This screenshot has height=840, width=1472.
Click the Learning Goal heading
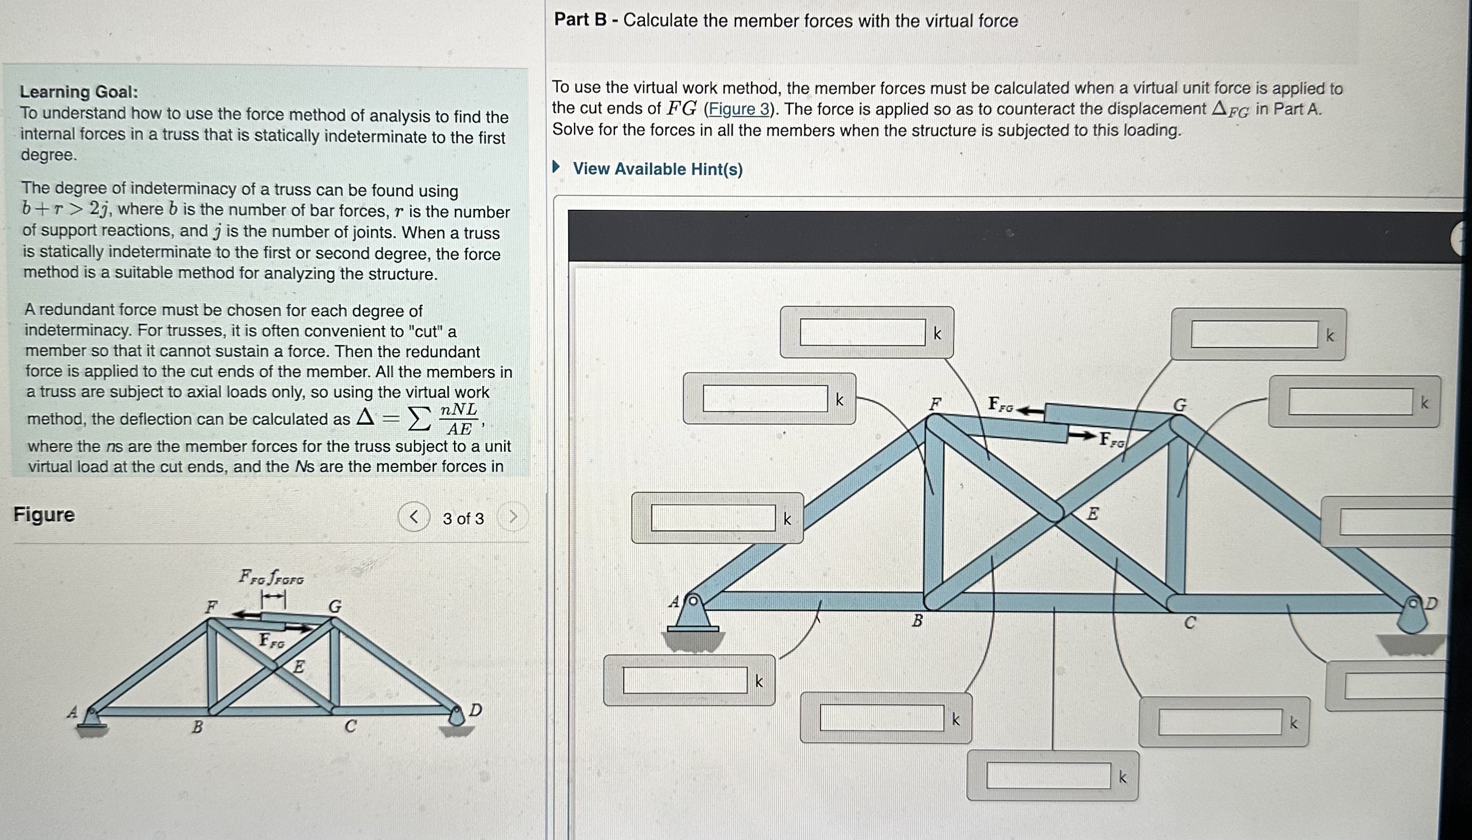click(79, 92)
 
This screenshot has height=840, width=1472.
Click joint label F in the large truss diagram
click(935, 404)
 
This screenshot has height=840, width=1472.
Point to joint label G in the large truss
click(1180, 405)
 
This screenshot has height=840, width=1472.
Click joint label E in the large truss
click(1093, 513)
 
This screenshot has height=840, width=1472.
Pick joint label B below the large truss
click(917, 621)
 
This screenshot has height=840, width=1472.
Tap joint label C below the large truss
click(1189, 623)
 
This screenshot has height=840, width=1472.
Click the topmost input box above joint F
click(863, 333)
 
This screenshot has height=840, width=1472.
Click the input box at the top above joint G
click(1254, 334)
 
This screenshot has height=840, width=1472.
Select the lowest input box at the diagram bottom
click(1048, 776)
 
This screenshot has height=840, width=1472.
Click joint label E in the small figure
click(299, 667)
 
